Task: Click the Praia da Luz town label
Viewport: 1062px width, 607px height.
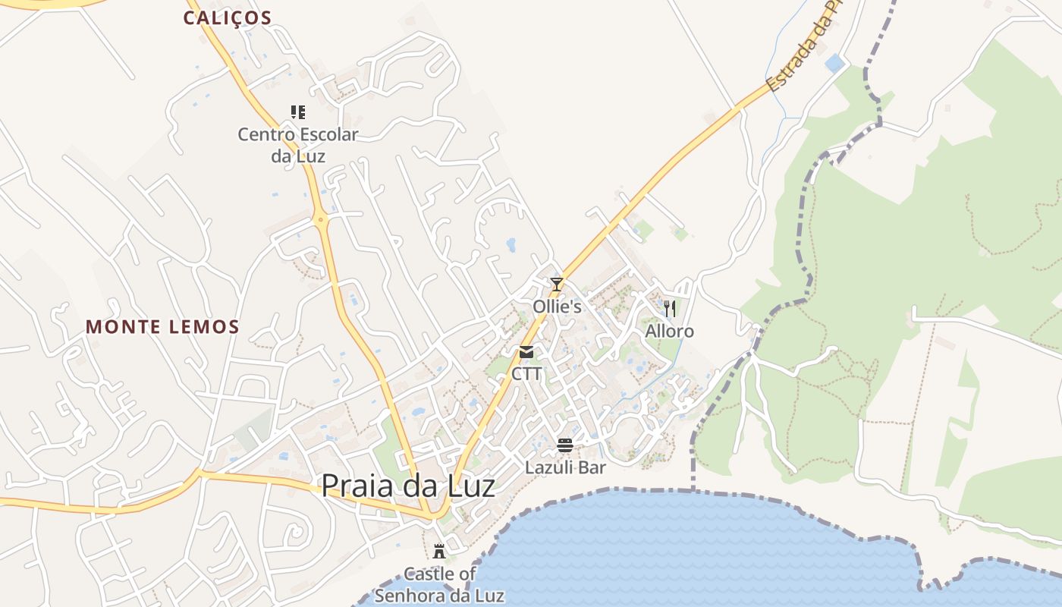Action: tap(408, 486)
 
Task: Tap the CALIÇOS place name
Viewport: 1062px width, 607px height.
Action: tap(228, 18)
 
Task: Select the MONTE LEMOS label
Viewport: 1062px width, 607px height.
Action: tap(162, 327)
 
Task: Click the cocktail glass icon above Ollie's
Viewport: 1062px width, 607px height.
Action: tap(557, 285)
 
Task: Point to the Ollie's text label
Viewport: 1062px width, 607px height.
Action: tap(557, 307)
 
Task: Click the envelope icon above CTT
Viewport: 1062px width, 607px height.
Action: tap(526, 352)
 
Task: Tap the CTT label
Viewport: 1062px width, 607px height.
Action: tap(526, 373)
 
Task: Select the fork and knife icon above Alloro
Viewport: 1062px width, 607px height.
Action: tap(669, 308)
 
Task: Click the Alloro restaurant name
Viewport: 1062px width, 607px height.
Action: tap(669, 331)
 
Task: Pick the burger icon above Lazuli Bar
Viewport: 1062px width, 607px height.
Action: tap(565, 445)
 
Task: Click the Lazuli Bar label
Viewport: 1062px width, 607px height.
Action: tap(565, 467)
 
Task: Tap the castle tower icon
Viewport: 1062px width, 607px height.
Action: tap(439, 551)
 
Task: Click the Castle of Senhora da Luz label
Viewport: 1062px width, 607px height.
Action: tap(439, 584)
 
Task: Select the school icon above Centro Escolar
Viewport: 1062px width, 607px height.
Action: tap(298, 112)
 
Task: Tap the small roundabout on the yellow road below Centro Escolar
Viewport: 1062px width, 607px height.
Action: tap(322, 220)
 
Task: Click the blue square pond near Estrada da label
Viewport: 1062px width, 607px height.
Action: tap(835, 63)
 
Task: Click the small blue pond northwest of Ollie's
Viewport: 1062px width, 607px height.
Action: tap(511, 244)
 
